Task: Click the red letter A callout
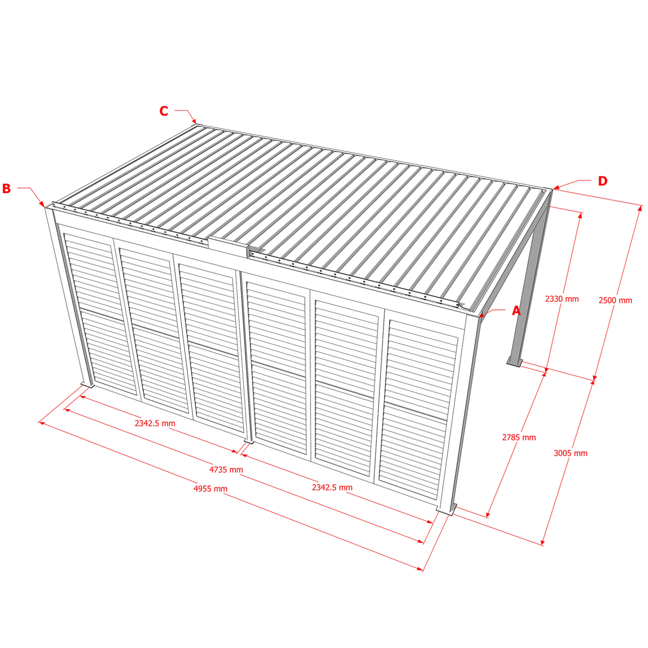click(x=516, y=311)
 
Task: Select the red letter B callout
click(x=6, y=188)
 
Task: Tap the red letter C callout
click(x=164, y=111)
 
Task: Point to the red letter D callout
click(x=602, y=181)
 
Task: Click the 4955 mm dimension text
click(x=210, y=488)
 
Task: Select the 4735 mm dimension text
click(x=226, y=470)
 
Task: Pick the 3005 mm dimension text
click(x=571, y=453)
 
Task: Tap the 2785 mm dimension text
click(x=519, y=437)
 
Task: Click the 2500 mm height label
click(x=615, y=300)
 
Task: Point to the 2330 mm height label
click(x=562, y=299)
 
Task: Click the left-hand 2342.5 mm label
click(x=155, y=424)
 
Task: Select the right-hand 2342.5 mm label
click(x=332, y=487)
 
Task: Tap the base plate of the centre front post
click(x=249, y=441)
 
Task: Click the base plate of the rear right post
click(x=514, y=362)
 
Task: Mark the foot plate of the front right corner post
click(x=446, y=509)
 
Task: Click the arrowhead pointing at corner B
click(x=42, y=204)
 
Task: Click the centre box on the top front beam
click(x=229, y=247)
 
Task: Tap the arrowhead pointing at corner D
click(x=556, y=187)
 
